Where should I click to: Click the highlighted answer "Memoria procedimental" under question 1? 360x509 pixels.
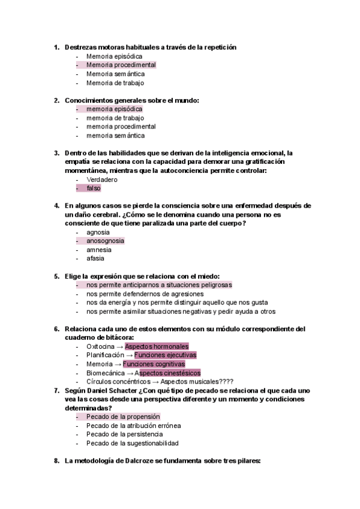(x=121, y=65)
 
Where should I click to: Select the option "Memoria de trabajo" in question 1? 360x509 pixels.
(x=115, y=83)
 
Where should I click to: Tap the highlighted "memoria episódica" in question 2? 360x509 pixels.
(x=114, y=109)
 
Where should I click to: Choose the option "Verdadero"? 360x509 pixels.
(x=102, y=179)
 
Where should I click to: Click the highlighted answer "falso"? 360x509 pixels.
(x=93, y=188)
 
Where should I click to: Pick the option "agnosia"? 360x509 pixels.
(x=98, y=232)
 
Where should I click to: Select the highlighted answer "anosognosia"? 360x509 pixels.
(x=105, y=241)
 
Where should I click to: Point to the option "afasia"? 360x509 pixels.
(x=95, y=259)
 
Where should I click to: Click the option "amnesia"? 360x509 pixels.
(x=99, y=250)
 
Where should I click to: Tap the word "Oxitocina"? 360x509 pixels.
(x=101, y=346)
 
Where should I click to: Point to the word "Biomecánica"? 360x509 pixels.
(x=106, y=373)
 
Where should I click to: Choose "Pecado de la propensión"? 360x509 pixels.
(x=123, y=417)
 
